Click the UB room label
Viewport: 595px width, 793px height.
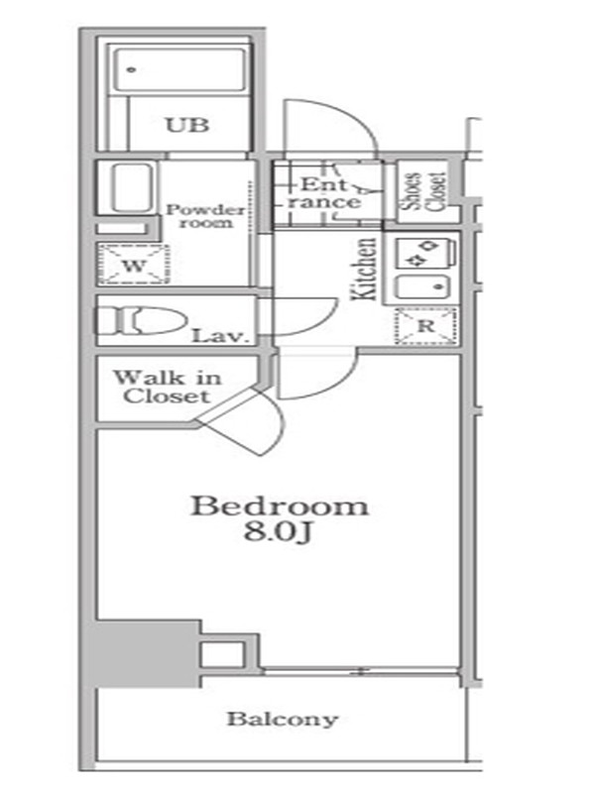[x=187, y=125]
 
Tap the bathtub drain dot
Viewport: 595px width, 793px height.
[x=132, y=69]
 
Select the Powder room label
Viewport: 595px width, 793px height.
[x=205, y=216]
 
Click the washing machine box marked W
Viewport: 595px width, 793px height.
[x=134, y=265]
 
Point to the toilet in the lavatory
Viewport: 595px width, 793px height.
[x=142, y=320]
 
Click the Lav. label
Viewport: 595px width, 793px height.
[x=221, y=336]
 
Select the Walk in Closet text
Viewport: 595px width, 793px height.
[x=167, y=387]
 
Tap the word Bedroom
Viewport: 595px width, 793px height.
[x=280, y=507]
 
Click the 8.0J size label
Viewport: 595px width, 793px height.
[x=277, y=532]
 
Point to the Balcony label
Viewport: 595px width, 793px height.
[x=283, y=720]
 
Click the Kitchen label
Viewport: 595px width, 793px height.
[x=364, y=269]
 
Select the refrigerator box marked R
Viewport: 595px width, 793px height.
[x=426, y=326]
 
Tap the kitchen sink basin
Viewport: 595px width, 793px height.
[x=423, y=287]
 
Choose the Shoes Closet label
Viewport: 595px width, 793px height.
[x=424, y=191]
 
